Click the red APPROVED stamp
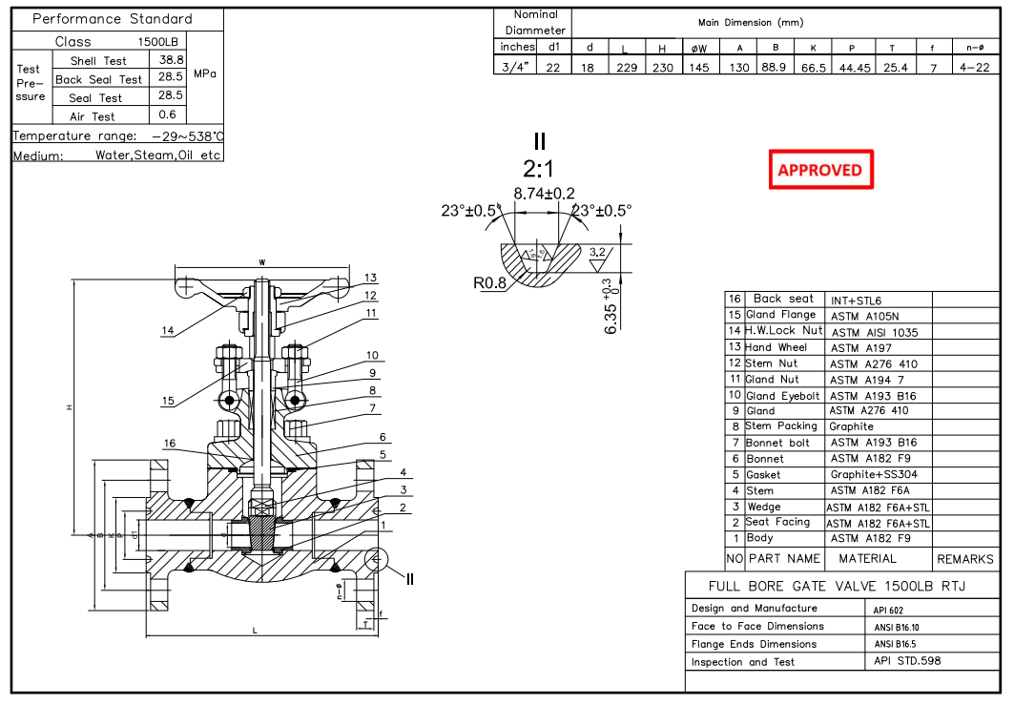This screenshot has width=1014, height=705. click(x=820, y=170)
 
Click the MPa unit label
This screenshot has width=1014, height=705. click(x=206, y=73)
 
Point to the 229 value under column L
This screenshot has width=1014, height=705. click(x=625, y=67)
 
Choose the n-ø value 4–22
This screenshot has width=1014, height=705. click(x=975, y=67)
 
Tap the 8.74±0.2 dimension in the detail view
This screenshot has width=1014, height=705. click(x=544, y=194)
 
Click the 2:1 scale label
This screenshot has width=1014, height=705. click(x=539, y=169)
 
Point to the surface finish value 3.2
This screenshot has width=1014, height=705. click(x=598, y=252)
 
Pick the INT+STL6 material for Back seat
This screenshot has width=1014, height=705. click(x=856, y=300)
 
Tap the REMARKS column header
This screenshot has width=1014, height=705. click(x=964, y=559)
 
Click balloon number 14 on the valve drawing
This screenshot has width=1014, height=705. click(x=168, y=331)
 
